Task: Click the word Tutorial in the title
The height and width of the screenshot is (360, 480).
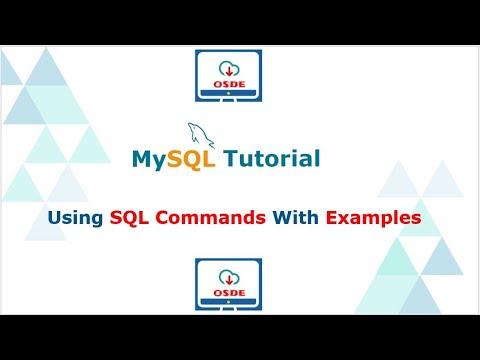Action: pyautogui.click(x=273, y=158)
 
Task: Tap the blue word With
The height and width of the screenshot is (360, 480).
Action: pyautogui.click(x=294, y=216)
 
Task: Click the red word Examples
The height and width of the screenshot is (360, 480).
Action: pyautogui.click(x=372, y=216)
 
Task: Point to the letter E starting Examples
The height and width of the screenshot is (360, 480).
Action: pyautogui.click(x=332, y=216)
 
